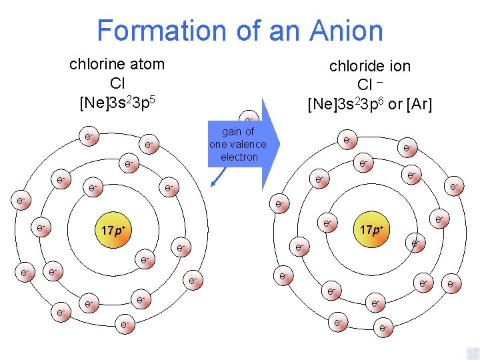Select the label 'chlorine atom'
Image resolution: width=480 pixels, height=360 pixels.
pyautogui.click(x=117, y=65)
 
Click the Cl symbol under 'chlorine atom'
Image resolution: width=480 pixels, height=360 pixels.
pyautogui.click(x=117, y=84)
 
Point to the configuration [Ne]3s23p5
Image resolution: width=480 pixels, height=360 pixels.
pyautogui.click(x=117, y=103)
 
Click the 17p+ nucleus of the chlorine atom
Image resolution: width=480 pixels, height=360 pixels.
pyautogui.click(x=114, y=231)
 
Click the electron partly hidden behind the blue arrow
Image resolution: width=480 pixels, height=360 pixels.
pyautogui.click(x=248, y=117)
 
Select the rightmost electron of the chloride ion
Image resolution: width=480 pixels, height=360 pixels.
pyautogui.click(x=453, y=285)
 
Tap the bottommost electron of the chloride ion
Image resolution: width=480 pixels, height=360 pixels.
pyautogui.click(x=383, y=329)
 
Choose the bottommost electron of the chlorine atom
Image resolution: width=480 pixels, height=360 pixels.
pyautogui.click(x=124, y=325)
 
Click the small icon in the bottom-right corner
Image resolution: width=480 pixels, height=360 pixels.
pyautogui.click(x=472, y=353)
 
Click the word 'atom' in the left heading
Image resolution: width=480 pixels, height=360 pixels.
pyautogui.click(x=148, y=65)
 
